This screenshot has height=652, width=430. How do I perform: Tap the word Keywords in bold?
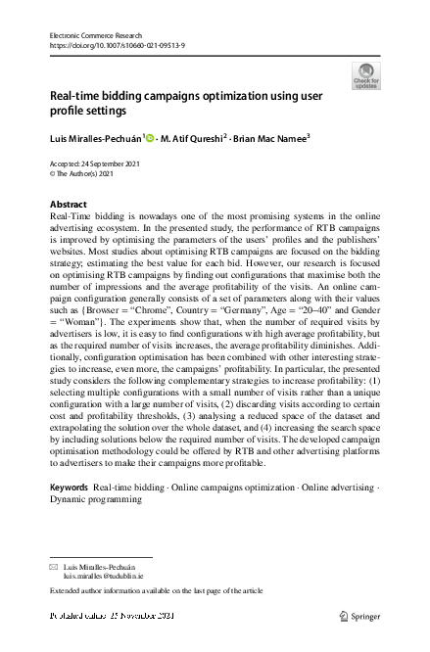point(70,487)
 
